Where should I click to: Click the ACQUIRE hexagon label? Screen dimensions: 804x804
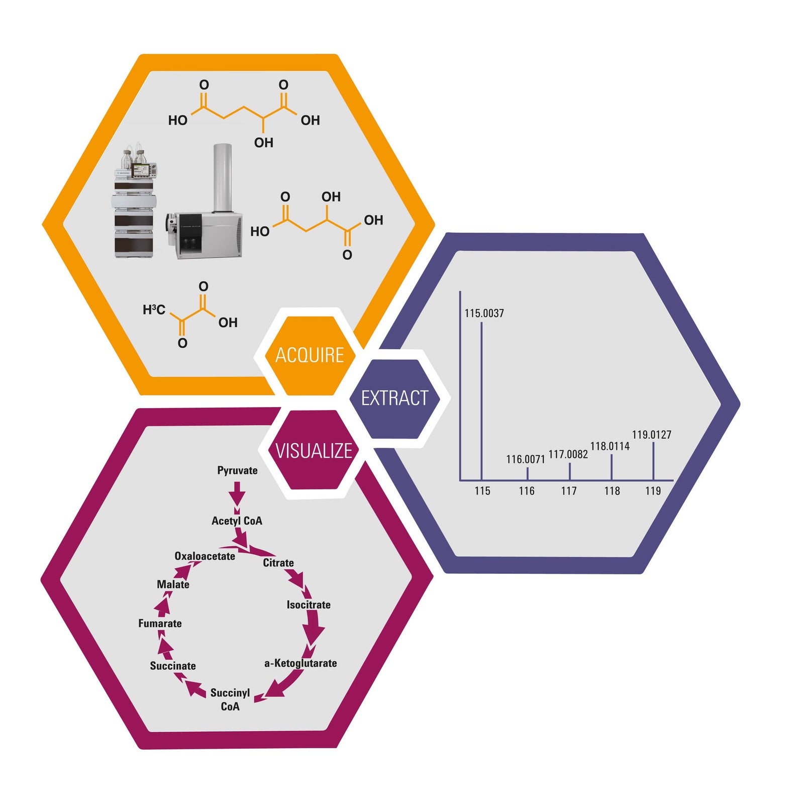coord(310,355)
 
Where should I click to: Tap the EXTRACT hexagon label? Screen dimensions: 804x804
coord(394,398)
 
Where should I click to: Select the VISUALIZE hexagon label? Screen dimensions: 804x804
coord(314,451)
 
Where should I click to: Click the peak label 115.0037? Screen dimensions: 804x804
coord(484,313)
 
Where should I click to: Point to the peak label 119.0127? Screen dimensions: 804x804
coord(651,435)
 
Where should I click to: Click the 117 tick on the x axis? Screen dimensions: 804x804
coord(569,491)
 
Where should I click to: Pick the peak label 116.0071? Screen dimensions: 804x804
coord(525,459)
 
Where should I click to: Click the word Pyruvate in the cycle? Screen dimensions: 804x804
coord(237,470)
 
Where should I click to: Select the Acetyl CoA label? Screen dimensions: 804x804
coord(237,521)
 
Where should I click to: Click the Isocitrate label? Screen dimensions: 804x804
coord(309,605)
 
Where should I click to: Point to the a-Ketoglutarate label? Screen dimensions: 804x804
coord(300,663)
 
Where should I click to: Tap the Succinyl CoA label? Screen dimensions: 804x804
coord(230,699)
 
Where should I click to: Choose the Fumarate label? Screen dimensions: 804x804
coord(160,624)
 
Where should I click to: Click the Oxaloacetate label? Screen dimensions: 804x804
coord(205,556)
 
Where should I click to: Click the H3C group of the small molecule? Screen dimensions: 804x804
coord(154,310)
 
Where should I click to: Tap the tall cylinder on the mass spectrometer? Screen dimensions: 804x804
coord(222,178)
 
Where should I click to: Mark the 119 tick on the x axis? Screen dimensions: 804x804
coord(653,491)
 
